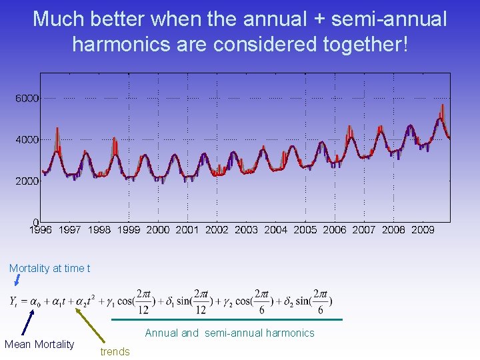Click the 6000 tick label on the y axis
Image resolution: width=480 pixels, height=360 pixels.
click(27, 98)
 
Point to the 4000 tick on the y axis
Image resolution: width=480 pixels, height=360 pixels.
click(27, 139)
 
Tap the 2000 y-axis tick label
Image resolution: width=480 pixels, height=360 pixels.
click(27, 181)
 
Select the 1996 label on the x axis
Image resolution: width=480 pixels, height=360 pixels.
click(41, 230)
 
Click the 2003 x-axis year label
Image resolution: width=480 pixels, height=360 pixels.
click(247, 230)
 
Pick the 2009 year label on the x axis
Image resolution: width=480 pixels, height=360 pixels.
click(423, 230)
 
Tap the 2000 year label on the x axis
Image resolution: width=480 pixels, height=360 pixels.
click(158, 230)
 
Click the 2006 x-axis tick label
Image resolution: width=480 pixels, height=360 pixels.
click(335, 230)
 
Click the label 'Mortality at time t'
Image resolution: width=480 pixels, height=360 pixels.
click(50, 268)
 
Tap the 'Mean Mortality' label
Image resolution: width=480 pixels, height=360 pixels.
click(39, 344)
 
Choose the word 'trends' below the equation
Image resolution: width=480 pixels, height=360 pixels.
click(115, 351)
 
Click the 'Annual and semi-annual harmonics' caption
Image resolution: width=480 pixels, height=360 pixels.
click(229, 333)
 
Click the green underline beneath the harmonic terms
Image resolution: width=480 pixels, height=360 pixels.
click(227, 320)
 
